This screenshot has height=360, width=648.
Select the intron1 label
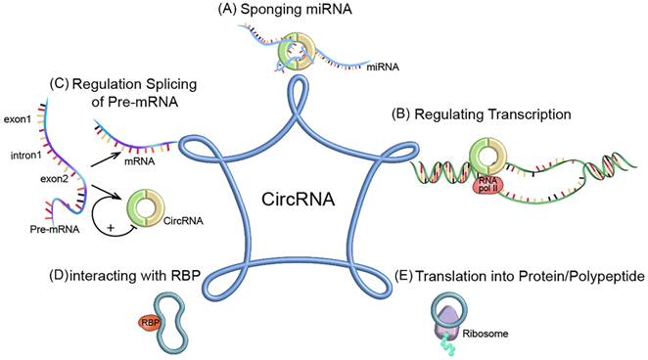tap(22, 154)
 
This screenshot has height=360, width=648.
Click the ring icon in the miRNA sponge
tap(295, 49)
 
